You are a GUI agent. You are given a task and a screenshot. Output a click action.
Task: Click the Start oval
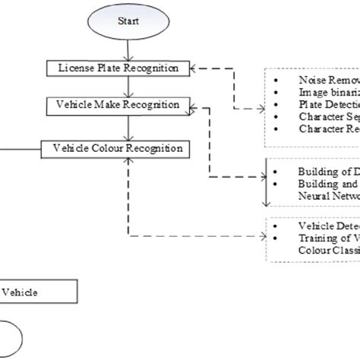[x=128, y=24]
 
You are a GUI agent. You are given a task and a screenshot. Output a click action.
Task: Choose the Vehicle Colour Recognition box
[x=118, y=149]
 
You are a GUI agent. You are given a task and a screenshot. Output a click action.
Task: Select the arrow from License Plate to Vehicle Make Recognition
[x=128, y=86]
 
